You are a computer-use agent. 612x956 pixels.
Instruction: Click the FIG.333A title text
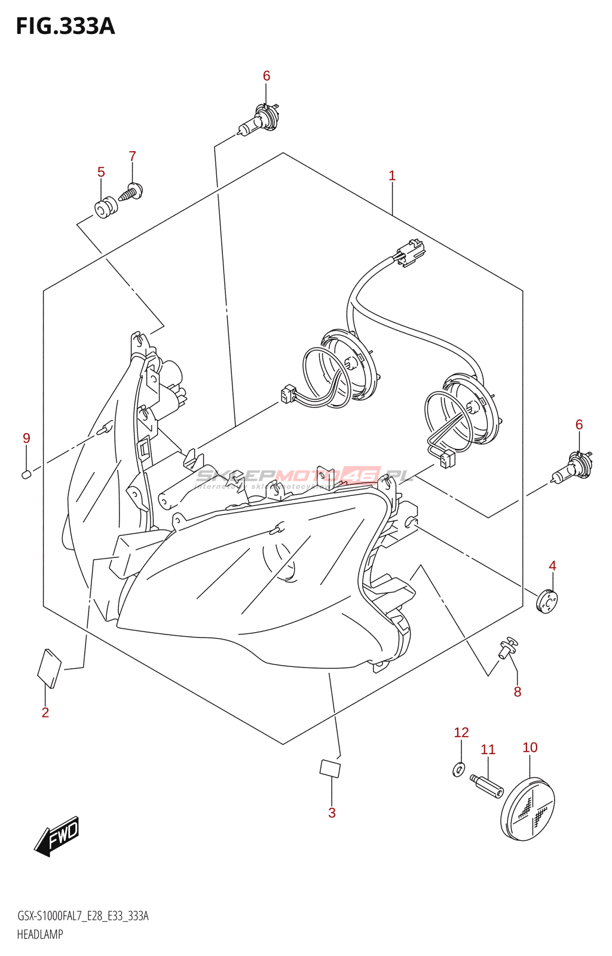tap(65, 27)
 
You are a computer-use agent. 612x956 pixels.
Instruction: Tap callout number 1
tap(392, 176)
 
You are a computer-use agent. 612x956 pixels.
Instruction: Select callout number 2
tap(45, 712)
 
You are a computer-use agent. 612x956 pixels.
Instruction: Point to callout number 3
tap(332, 813)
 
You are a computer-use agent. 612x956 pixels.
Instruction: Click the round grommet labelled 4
tap(546, 600)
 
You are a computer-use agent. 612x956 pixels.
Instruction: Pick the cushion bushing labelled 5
tap(106, 207)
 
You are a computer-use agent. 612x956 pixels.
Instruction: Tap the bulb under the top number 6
tap(258, 119)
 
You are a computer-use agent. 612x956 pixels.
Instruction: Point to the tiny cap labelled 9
tap(26, 474)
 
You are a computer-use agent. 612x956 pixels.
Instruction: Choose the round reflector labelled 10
tap(527, 809)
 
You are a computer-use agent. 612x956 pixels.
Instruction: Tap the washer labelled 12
tap(458, 770)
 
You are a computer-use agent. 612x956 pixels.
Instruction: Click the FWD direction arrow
tap(57, 835)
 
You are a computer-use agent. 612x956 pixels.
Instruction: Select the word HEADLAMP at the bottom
tap(40, 934)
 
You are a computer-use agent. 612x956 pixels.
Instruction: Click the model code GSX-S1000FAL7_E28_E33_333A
tap(82, 916)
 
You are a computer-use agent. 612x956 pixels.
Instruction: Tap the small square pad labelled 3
tap(330, 768)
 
